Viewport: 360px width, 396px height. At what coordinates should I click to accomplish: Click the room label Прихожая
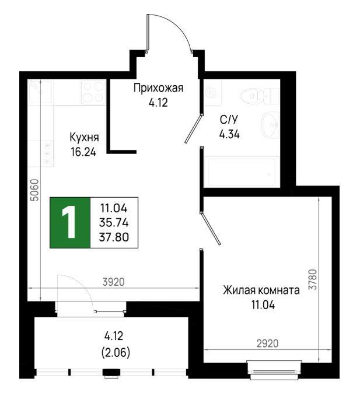point(158,88)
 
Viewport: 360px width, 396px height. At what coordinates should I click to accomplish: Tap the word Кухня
point(84,138)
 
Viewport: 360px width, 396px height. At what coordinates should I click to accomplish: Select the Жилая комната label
point(261,290)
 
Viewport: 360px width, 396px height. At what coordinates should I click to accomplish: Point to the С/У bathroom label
point(229,120)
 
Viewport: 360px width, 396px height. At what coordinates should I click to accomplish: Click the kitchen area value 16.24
point(83,152)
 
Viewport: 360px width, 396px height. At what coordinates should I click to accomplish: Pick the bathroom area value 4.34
point(229,134)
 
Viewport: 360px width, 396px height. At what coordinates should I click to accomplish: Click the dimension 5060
point(34,190)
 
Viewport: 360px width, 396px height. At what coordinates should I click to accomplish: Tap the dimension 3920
point(113,282)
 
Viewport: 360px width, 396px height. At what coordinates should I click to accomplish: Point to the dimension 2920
point(267,344)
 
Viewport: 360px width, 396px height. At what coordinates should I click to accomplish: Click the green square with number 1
point(70,223)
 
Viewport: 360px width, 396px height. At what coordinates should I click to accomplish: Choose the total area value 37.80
point(114,237)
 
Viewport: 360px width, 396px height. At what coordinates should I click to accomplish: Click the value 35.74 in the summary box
point(114,223)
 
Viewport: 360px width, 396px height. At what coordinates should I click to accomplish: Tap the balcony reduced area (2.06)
point(116,353)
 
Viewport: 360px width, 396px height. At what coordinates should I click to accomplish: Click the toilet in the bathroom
point(259,96)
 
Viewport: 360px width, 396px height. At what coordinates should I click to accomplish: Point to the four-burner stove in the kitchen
point(93,92)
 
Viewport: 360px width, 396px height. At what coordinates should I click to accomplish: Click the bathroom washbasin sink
point(270,125)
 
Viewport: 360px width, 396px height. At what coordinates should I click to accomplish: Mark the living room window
point(275,370)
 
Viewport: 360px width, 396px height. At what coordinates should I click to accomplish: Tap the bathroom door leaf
point(194,129)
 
